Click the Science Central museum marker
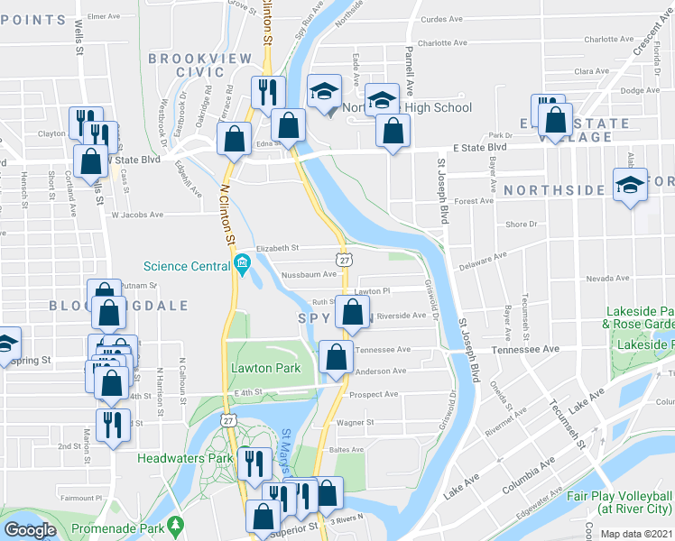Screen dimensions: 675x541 coord(242,264)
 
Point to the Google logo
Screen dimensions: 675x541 coord(29,530)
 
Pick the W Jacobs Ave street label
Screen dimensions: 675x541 coord(138,215)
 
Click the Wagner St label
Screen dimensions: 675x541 coord(356,421)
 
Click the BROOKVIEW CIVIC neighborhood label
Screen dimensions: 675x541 coord(186,65)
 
